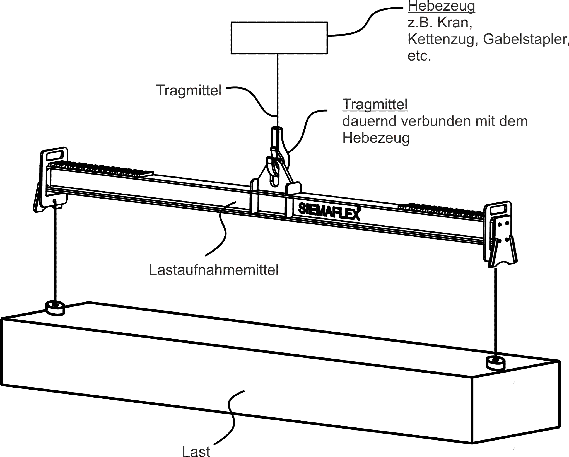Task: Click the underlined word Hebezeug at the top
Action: [x=441, y=6]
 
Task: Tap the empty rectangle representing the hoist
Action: [x=279, y=38]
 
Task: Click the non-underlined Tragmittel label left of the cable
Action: [x=189, y=90]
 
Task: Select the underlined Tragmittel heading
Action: [x=375, y=104]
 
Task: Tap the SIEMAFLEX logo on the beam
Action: [x=329, y=211]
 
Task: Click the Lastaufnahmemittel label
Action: [x=214, y=270]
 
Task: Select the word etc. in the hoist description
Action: [x=419, y=56]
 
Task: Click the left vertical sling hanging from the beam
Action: [x=55, y=251]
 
